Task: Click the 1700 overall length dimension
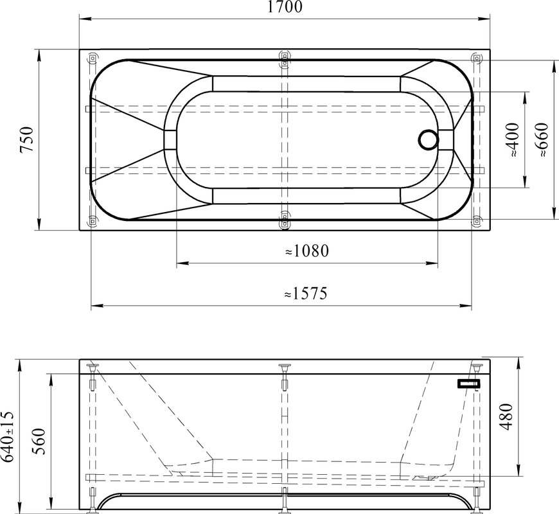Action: click(285, 7)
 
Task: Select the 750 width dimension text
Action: click(27, 139)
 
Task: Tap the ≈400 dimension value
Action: click(513, 139)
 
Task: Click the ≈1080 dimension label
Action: click(307, 251)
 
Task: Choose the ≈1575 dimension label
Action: click(306, 294)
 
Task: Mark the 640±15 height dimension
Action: click(8, 436)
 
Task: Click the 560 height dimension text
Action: click(39, 441)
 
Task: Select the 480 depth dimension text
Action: click(506, 417)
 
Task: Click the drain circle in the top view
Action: click(428, 139)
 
